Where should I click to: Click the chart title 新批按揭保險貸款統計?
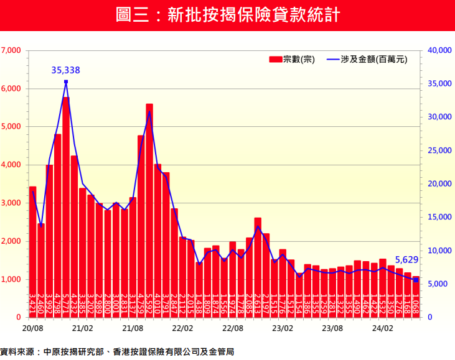point(228,15)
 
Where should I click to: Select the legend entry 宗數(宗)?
point(292,59)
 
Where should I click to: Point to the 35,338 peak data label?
point(65,70)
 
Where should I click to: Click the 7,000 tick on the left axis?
point(11,50)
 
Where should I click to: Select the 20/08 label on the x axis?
point(32,327)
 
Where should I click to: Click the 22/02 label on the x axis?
point(182,327)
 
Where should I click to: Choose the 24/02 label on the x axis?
point(383,327)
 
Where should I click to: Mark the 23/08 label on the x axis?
point(332,327)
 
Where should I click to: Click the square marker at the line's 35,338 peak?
point(66,81)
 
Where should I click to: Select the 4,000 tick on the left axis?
point(11,165)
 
